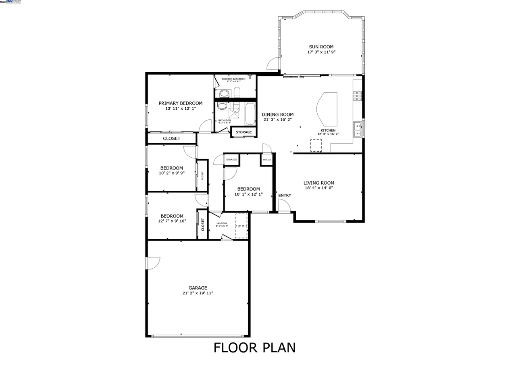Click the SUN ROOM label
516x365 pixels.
[321, 47]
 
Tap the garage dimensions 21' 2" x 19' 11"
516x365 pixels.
[198, 293]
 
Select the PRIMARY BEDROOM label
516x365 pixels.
[180, 103]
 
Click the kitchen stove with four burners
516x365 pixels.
[357, 96]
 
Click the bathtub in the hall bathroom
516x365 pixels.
[250, 114]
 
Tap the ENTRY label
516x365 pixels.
[285, 196]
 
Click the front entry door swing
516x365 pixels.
[283, 205]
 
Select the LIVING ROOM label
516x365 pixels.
[318, 183]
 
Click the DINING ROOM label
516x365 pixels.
[277, 115]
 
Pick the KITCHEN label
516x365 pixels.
[328, 130]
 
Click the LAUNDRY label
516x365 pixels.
[222, 223]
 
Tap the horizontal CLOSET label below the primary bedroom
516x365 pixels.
[171, 138]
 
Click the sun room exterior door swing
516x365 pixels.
[273, 64]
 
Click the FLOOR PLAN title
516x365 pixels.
[254, 347]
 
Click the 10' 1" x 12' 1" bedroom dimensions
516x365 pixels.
[248, 194]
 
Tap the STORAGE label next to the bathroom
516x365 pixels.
[243, 132]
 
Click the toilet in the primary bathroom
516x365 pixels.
[237, 92]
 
